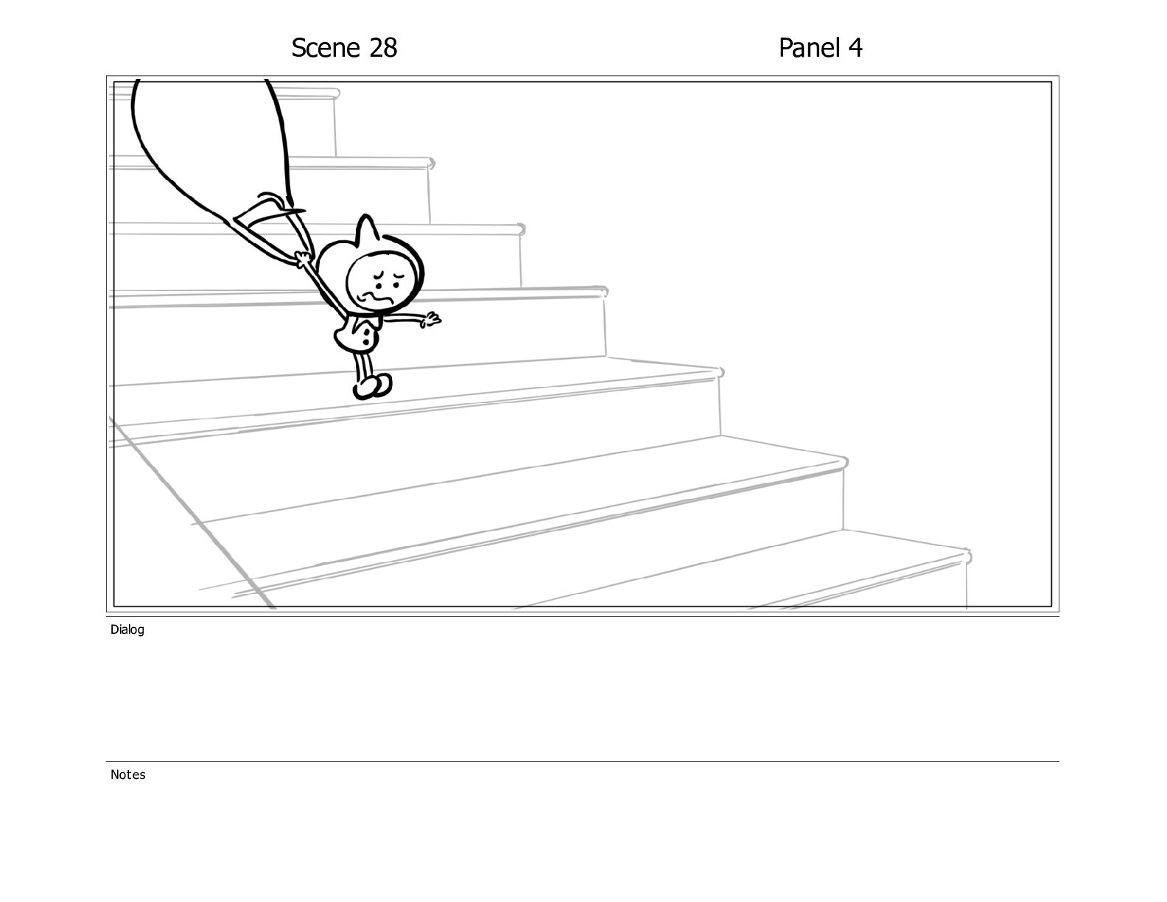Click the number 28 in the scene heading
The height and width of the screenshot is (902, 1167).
pos(382,48)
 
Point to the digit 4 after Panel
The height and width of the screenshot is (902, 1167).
pos(855,48)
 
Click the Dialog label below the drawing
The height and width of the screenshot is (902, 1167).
pos(127,629)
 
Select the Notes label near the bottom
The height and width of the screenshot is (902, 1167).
pos(128,775)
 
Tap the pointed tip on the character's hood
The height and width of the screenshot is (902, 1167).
pos(366,219)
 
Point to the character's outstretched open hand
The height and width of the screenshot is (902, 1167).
pos(430,319)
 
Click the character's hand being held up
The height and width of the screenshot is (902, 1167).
pos(302,259)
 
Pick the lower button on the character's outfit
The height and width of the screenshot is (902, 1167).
pos(370,343)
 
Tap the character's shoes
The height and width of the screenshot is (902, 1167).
pos(373,386)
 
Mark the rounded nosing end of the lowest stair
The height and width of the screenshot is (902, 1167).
pos(967,556)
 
